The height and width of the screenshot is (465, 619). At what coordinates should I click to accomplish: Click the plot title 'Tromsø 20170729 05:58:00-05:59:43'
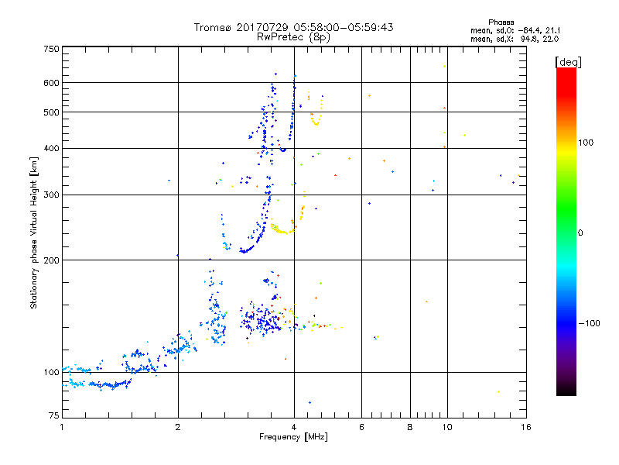(x=293, y=27)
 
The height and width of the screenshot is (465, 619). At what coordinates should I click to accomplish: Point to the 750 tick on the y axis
(x=51, y=48)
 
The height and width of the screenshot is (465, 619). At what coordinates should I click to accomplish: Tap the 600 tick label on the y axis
(x=51, y=83)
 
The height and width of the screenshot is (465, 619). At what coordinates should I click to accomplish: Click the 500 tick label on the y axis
(x=51, y=112)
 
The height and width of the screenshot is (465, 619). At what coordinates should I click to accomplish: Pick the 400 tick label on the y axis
(x=51, y=148)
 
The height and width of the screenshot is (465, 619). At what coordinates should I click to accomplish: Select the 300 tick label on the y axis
(x=51, y=195)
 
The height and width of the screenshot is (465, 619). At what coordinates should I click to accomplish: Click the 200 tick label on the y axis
(x=51, y=260)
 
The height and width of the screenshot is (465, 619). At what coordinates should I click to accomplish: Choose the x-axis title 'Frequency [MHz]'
(x=293, y=437)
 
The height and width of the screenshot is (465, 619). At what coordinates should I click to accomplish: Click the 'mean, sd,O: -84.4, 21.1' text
(x=509, y=30)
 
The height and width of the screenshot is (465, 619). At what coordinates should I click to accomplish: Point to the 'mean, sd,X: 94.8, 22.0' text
(x=509, y=38)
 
